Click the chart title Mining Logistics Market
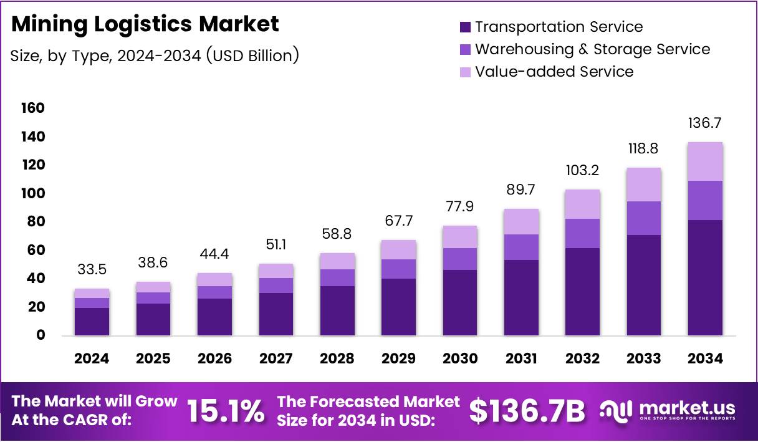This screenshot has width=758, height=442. coord(145,24)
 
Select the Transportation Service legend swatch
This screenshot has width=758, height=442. coord(465,27)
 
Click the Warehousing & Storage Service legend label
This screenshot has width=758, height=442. coord(592,49)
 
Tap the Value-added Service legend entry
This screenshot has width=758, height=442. coord(554,72)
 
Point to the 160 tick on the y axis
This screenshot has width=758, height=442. coord(34,108)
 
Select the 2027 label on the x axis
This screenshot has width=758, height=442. coord(276,358)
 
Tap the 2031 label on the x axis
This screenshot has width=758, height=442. coord(521,358)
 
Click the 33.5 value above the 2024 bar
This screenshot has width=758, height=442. coord(92,270)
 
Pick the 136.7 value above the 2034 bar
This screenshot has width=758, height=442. coord(705,123)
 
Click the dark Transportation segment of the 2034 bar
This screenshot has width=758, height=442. coord(705,277)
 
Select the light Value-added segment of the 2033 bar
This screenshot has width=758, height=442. coord(644,185)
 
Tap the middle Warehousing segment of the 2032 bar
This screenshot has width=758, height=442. coord(582,233)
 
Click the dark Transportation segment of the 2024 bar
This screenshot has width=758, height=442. coord(92,322)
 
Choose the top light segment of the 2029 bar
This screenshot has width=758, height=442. coord(398,249)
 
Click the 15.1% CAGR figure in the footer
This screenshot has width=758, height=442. coord(226,411)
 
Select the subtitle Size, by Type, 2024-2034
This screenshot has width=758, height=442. coord(155,55)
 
